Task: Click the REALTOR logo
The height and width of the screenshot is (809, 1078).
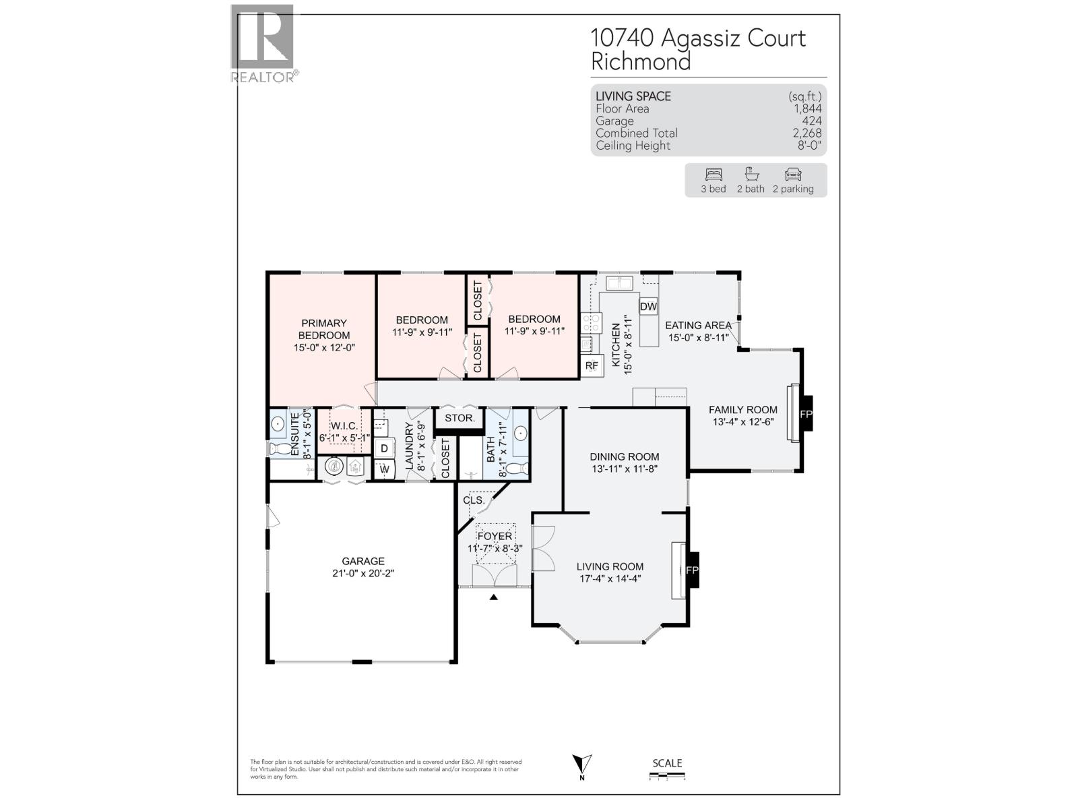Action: click(x=263, y=43)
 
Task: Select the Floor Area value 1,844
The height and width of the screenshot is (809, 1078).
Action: click(x=807, y=109)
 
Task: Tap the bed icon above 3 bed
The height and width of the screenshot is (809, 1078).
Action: click(x=713, y=174)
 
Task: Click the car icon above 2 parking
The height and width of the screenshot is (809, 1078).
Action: click(x=793, y=174)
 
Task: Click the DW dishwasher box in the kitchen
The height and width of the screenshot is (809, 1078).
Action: click(x=648, y=307)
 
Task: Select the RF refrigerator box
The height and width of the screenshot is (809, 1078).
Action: click(x=592, y=365)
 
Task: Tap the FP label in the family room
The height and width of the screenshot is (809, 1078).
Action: click(x=806, y=414)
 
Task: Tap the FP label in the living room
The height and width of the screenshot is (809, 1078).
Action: click(x=692, y=570)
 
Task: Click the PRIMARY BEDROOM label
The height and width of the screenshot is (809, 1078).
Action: click(x=324, y=329)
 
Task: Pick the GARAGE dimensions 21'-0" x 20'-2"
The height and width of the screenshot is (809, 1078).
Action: click(x=363, y=573)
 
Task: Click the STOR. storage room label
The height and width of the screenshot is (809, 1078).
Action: click(x=459, y=418)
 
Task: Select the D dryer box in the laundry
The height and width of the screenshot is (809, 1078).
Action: click(x=384, y=448)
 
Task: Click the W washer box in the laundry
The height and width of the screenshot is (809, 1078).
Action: click(x=384, y=469)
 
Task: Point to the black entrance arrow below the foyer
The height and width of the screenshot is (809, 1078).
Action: click(x=494, y=597)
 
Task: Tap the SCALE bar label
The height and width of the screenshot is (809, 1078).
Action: click(x=667, y=763)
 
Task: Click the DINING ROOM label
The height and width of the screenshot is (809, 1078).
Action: click(x=625, y=456)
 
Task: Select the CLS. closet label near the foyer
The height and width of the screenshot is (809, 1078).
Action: click(x=474, y=500)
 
